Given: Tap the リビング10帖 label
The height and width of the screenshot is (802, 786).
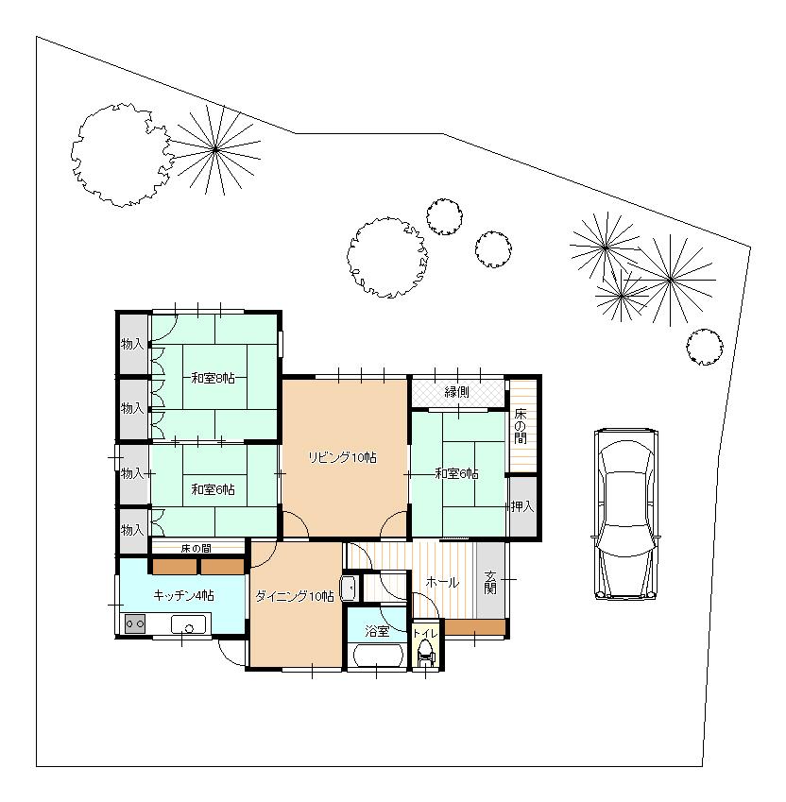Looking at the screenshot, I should [x=343, y=457].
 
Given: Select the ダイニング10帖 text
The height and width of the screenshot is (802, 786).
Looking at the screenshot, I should [x=294, y=596].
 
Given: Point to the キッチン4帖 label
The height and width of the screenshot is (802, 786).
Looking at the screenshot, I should [x=183, y=595].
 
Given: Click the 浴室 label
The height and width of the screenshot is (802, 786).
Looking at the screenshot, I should [x=377, y=630].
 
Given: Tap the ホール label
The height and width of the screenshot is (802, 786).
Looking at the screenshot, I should [x=442, y=583].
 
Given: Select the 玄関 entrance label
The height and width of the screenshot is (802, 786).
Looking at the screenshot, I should [x=490, y=583].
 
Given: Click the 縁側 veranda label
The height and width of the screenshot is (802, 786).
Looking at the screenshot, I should [x=457, y=391].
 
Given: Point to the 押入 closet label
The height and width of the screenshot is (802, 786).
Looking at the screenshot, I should [x=522, y=507].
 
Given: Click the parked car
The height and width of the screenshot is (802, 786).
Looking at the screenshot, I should [x=625, y=515].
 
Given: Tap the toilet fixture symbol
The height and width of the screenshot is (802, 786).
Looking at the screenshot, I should [x=425, y=653].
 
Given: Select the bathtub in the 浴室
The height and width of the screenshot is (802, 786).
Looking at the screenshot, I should [x=376, y=655].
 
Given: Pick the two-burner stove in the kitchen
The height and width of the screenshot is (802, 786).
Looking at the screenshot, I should [x=134, y=624].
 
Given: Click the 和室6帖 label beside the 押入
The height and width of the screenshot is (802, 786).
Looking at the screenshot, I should [x=456, y=473].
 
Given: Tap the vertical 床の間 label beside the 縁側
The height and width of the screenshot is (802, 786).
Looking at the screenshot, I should [x=521, y=426].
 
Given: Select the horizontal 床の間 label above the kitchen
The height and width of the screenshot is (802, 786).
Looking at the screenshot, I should [x=196, y=547].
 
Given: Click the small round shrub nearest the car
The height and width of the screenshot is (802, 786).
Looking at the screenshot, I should [x=704, y=347].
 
